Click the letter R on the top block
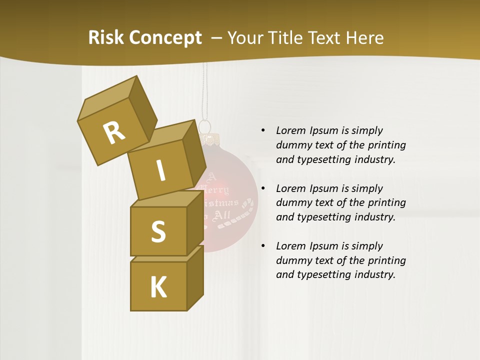pyautogui.click(x=114, y=132)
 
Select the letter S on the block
pyautogui.click(x=158, y=231)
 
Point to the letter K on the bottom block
pyautogui.click(x=158, y=287)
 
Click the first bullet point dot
pyautogui.click(x=263, y=130)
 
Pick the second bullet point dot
pyautogui.click(x=263, y=188)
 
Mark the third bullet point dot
pyautogui.click(x=263, y=246)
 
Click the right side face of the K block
pyautogui.click(x=195, y=277)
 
